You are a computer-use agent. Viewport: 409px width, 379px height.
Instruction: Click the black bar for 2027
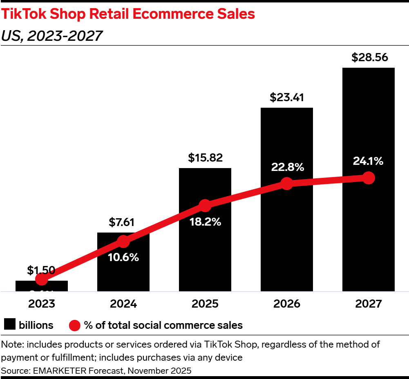[368, 237]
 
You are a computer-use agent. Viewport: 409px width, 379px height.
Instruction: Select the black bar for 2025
[205, 253]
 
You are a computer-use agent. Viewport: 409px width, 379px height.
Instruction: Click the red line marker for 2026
[287, 184]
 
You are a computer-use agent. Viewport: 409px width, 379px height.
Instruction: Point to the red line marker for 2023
[41, 279]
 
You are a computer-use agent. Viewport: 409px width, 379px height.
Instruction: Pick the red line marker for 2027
[369, 178]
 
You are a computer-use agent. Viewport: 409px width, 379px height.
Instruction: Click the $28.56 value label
[368, 58]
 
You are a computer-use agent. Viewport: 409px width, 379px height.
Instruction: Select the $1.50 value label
[41, 270]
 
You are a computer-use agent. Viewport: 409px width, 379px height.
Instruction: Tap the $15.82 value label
[205, 158]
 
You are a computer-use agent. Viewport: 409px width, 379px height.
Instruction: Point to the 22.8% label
[287, 167]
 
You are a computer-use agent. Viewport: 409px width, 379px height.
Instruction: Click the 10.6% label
[123, 257]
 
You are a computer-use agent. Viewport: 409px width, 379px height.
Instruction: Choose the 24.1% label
[369, 161]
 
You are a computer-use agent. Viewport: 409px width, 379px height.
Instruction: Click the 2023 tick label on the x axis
[41, 304]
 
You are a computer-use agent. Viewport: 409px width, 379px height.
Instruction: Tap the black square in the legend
[9, 325]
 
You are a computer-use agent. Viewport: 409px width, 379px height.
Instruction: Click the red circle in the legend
[74, 325]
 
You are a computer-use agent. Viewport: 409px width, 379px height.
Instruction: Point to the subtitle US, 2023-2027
[51, 36]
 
